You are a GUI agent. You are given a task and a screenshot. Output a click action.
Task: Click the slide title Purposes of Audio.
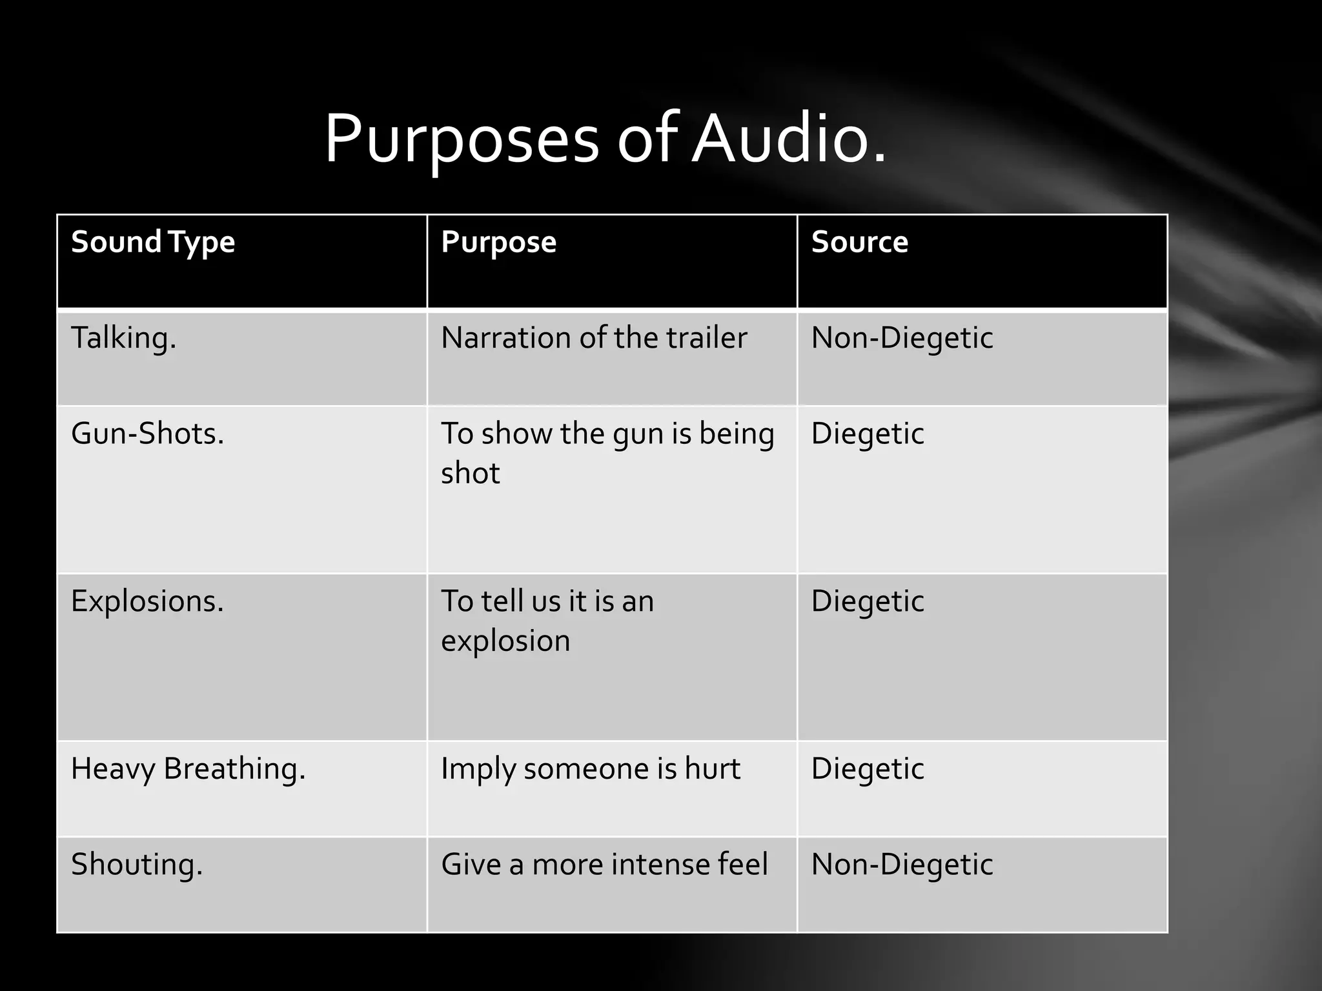pos(605,139)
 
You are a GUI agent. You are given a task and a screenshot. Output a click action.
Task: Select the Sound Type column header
pos(153,243)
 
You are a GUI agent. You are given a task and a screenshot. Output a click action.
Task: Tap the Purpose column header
pos(498,243)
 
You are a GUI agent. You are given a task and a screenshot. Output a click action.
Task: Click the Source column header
pos(859,243)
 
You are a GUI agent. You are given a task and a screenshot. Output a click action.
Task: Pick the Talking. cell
pos(123,338)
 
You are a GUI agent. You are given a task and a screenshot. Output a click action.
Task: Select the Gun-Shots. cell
pos(147,434)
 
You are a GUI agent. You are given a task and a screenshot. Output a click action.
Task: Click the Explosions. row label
pos(147,601)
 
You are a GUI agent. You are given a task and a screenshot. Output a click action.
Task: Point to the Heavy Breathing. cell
pos(188,769)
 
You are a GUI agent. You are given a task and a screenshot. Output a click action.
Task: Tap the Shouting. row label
pos(137,865)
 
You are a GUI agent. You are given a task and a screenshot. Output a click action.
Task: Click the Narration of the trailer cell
pos(594,338)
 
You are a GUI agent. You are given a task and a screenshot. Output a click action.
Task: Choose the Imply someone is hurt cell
pos(591,769)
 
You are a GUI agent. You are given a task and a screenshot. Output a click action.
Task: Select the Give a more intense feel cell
pos(604,865)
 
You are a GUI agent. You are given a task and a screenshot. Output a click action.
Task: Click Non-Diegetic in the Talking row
pos(902,338)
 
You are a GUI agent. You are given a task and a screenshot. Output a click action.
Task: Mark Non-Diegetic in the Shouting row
pos(902,865)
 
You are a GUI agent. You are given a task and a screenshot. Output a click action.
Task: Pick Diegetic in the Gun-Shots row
pos(868,434)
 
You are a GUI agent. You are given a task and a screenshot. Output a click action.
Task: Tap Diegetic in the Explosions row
pos(868,601)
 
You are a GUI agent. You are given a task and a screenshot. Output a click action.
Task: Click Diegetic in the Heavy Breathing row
pos(868,769)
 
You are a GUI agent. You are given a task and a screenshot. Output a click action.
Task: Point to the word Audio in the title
pos(789,139)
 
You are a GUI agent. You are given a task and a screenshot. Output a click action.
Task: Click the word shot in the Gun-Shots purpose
pos(470,474)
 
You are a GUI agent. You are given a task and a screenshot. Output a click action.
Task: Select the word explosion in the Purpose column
pos(505,641)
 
